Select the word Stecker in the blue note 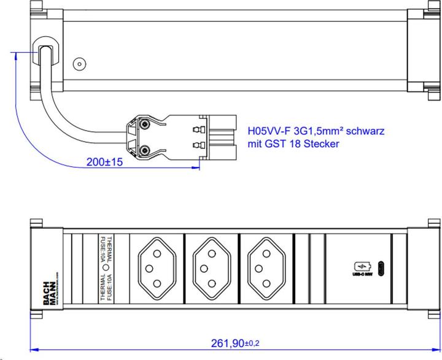tap(319, 144)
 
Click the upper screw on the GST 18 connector tap(145, 124)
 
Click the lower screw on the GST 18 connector tap(145, 150)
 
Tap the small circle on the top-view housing tap(78, 64)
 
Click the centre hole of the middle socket tap(210, 267)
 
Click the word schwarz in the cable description tap(369, 131)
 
